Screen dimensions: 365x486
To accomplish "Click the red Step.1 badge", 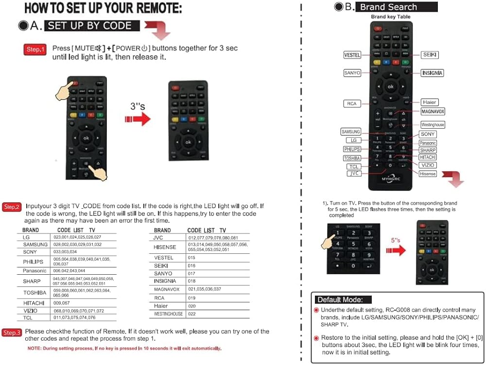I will point(35,50).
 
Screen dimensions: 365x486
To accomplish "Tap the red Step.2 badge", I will point(12,207).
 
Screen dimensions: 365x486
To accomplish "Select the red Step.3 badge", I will point(12,332).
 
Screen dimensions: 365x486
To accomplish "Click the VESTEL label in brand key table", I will point(352,55).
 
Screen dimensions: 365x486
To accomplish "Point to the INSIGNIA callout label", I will point(432,73).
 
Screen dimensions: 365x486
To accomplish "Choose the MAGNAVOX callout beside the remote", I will point(433,112).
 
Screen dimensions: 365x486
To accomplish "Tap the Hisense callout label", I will point(428,173).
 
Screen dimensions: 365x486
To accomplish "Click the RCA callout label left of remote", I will point(351,103).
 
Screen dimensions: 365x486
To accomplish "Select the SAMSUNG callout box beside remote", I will point(351,132).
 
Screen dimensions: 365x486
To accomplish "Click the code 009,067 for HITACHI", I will point(62,303).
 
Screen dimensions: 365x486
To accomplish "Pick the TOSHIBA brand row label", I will point(35,293).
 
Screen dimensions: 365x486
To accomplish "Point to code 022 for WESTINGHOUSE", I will point(191,314).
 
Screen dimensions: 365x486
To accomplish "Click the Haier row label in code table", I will point(161,306).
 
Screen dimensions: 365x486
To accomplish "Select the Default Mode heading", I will point(343,299).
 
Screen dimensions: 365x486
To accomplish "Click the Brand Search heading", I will point(396,7).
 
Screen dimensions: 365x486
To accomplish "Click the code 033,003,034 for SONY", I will point(65,252).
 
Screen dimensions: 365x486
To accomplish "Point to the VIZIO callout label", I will point(428,165).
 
